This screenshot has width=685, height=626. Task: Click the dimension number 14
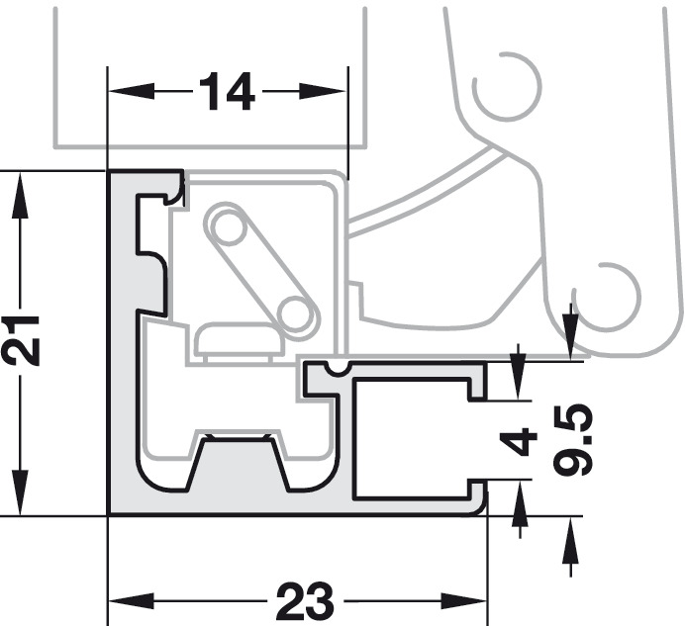point(227,92)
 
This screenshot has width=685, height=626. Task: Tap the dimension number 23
point(305,601)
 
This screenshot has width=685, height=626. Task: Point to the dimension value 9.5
point(572,440)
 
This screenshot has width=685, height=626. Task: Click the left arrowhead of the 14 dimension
point(131,92)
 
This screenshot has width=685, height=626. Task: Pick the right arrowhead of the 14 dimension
point(324,92)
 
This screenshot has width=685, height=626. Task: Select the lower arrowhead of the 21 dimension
point(20,492)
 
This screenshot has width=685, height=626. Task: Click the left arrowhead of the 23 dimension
point(131,601)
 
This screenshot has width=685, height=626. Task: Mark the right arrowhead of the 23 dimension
point(464,601)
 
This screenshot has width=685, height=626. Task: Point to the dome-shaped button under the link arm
point(240,339)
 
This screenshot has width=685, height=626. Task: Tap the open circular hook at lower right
point(607,297)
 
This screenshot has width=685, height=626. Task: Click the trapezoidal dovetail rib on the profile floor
point(239,463)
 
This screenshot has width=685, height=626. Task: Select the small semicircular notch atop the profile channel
point(338,369)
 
